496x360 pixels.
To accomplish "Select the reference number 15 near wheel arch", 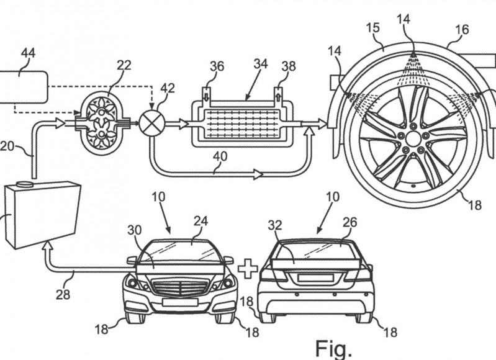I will [x=372, y=27].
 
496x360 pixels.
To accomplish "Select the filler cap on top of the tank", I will [x=25, y=184].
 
